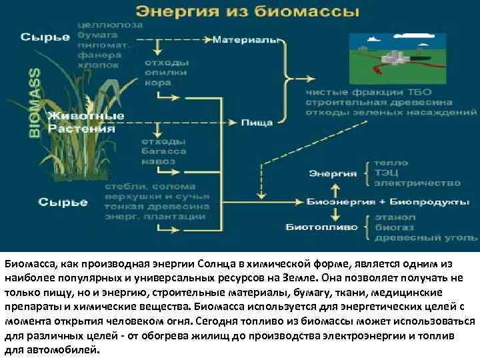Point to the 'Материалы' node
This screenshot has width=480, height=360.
tap(245, 41)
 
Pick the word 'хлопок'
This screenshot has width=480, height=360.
tap(99, 65)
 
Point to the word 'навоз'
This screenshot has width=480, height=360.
tap(158, 162)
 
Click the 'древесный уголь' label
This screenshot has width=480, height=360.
tap(425, 237)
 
